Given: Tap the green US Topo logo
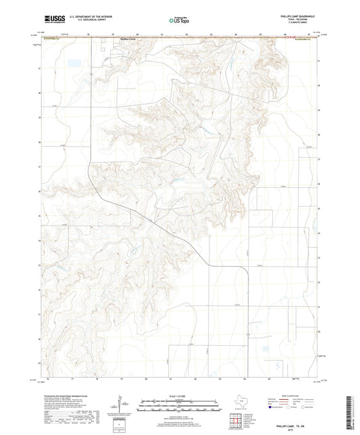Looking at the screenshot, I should [178, 21].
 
